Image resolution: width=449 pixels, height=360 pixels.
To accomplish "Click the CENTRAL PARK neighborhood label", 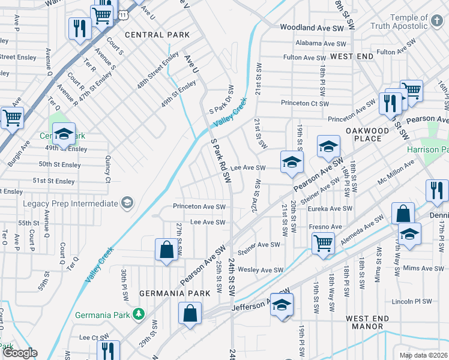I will click(x=157, y=35).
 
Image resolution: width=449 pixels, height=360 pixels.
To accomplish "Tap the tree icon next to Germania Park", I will click(x=139, y=314).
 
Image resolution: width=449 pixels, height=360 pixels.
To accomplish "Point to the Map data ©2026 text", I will click(x=424, y=355).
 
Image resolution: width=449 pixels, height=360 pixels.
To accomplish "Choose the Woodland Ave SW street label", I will click(x=312, y=28).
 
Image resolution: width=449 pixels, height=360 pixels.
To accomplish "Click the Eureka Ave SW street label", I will click(x=330, y=208).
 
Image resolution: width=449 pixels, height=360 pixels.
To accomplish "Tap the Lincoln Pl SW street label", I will click(x=411, y=301).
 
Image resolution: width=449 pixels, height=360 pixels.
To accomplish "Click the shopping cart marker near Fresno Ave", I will click(x=323, y=243).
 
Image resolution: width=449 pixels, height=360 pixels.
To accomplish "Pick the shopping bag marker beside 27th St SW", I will click(x=166, y=249).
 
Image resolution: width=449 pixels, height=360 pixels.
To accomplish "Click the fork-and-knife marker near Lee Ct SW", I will click(x=108, y=350).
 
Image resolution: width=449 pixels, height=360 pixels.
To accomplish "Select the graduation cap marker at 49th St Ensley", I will click(x=64, y=133).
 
